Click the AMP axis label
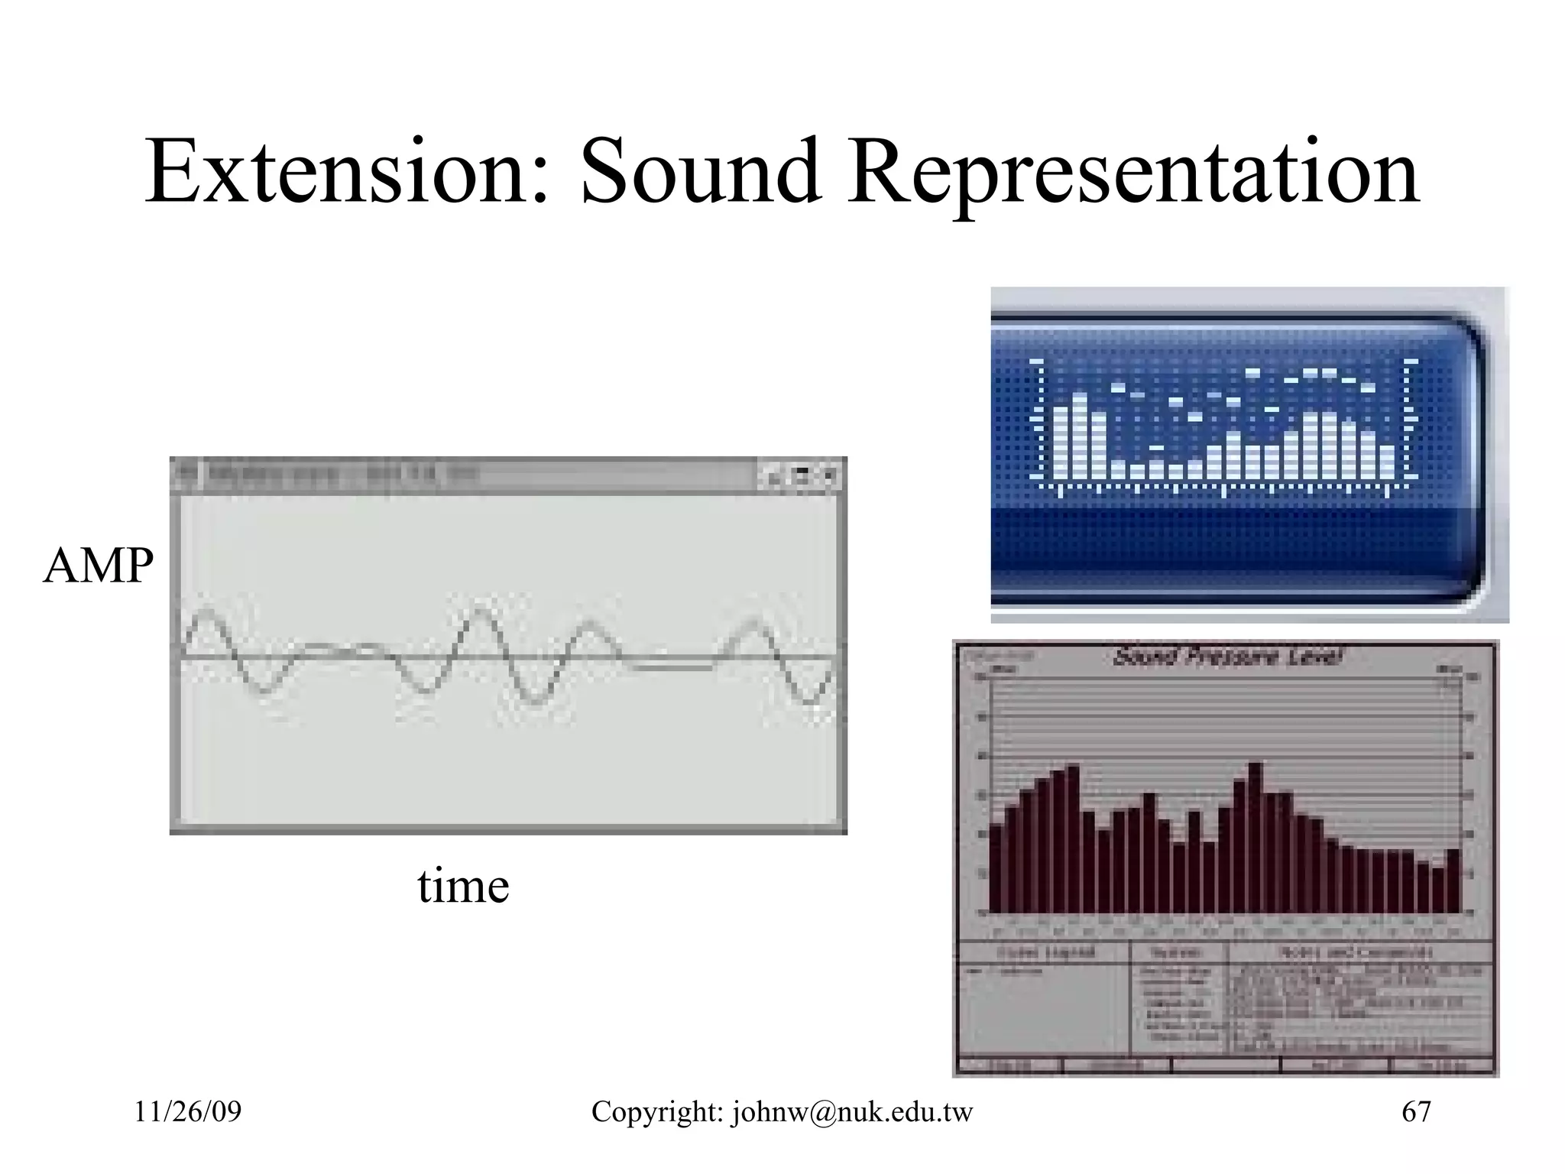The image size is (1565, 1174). [x=98, y=566]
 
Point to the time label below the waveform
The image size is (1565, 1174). [x=463, y=887]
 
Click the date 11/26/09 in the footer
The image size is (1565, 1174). [x=188, y=1111]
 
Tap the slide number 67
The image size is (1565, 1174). [x=1416, y=1111]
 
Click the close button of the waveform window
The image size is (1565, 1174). [x=829, y=476]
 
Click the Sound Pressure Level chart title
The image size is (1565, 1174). [x=1227, y=657]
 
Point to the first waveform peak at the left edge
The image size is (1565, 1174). [x=205, y=613]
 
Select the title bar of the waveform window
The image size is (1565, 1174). [x=458, y=476]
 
